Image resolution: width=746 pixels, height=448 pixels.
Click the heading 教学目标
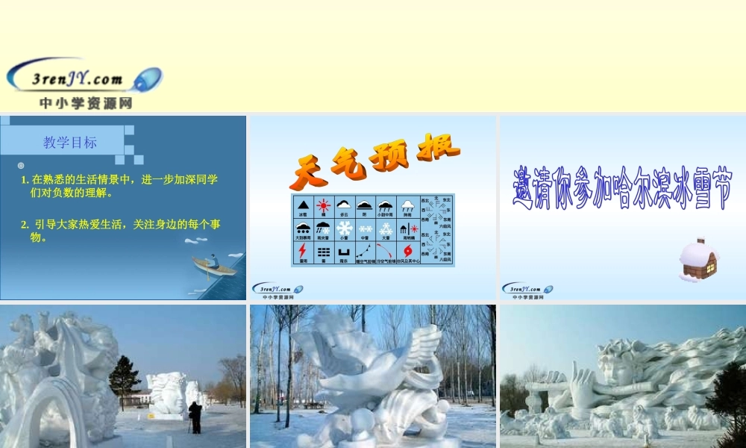point(70,143)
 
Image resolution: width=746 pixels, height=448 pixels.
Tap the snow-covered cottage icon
point(698,260)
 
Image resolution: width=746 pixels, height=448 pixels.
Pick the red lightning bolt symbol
point(302,252)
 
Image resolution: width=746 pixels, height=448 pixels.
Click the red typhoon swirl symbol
point(407,252)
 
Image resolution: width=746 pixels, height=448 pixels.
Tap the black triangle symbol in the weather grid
point(302,205)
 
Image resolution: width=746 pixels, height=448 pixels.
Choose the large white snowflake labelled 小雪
point(344,228)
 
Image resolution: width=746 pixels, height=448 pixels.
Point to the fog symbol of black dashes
point(323,252)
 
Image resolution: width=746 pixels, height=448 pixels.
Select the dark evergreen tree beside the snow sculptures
point(124,381)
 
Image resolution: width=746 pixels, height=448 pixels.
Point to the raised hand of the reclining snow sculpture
point(580,379)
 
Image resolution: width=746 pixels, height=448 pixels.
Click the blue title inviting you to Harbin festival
point(622,187)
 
